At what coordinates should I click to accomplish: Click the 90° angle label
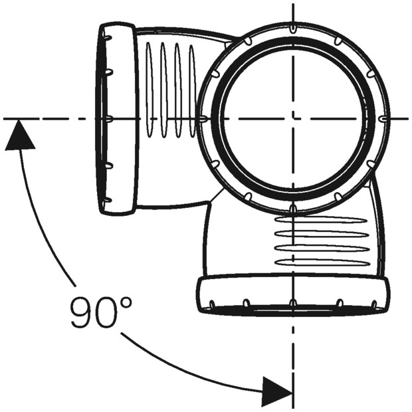[x=101, y=312]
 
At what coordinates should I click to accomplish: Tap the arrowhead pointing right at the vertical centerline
[x=278, y=392]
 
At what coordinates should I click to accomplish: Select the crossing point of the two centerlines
[x=292, y=119]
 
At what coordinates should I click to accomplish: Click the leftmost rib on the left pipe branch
[x=149, y=90]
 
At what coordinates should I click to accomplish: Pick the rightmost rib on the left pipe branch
[x=193, y=90]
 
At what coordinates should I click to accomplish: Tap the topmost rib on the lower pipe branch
[x=320, y=220]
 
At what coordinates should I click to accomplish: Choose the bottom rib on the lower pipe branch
[x=322, y=262]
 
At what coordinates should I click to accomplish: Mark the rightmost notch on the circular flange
[x=384, y=119]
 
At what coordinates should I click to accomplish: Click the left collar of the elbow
[x=118, y=120]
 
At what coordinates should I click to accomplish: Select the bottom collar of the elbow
[x=292, y=294]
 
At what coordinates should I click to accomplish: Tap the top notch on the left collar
[x=107, y=37]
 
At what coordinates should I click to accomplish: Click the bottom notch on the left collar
[x=107, y=200]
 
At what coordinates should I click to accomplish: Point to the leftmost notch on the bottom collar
[x=212, y=304]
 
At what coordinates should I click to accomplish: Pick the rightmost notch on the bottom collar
[x=374, y=304]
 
